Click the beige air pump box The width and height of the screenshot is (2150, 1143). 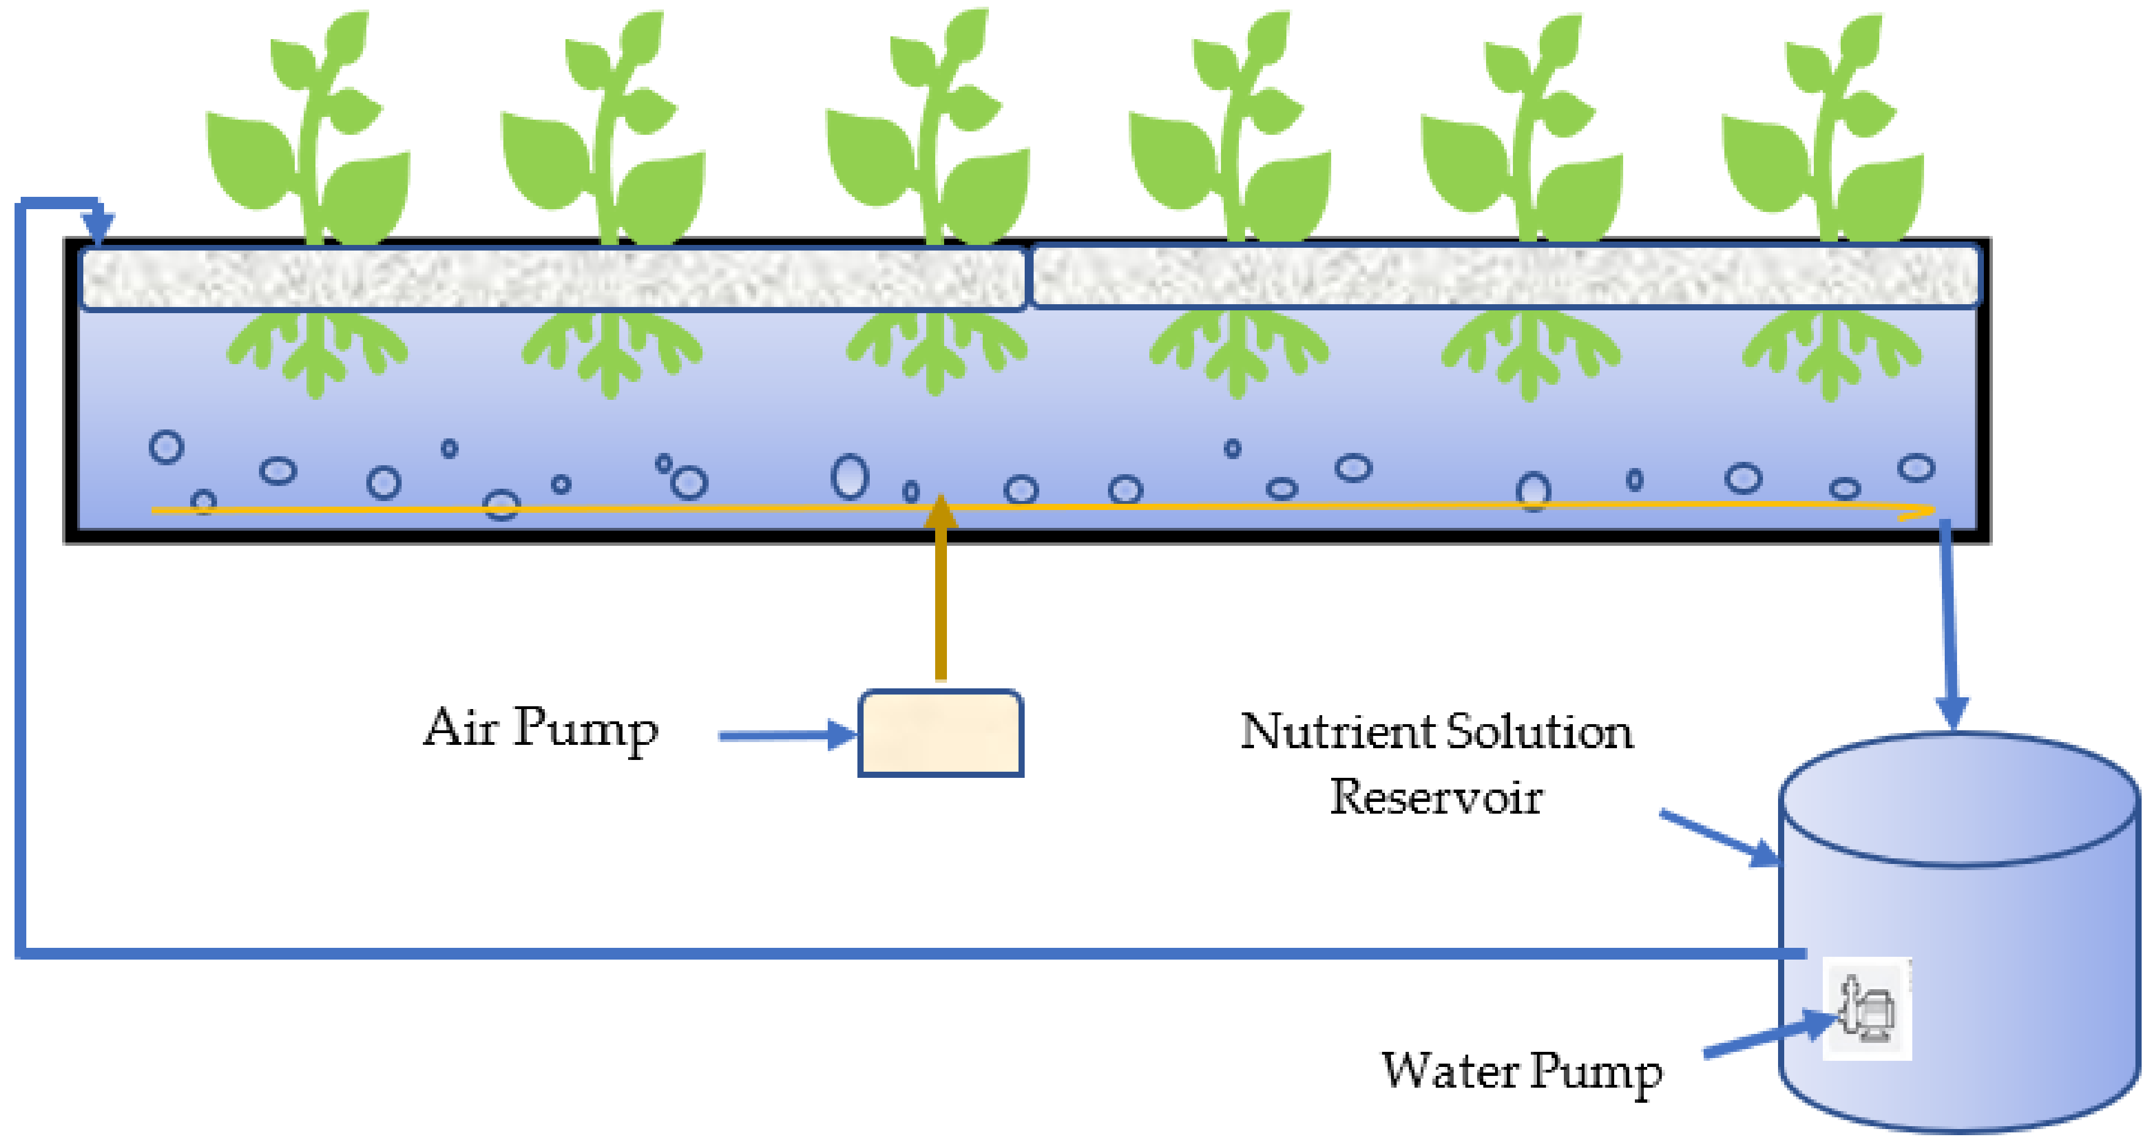tap(941, 733)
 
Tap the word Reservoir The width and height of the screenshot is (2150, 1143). tap(1436, 797)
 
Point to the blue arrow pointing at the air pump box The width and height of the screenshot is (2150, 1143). tap(785, 735)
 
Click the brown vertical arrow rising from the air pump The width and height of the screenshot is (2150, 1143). tap(941, 592)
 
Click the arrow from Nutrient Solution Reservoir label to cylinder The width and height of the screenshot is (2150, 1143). tap(1719, 838)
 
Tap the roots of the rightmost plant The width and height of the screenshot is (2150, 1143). tap(1831, 355)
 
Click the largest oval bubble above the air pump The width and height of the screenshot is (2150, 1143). tap(850, 477)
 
